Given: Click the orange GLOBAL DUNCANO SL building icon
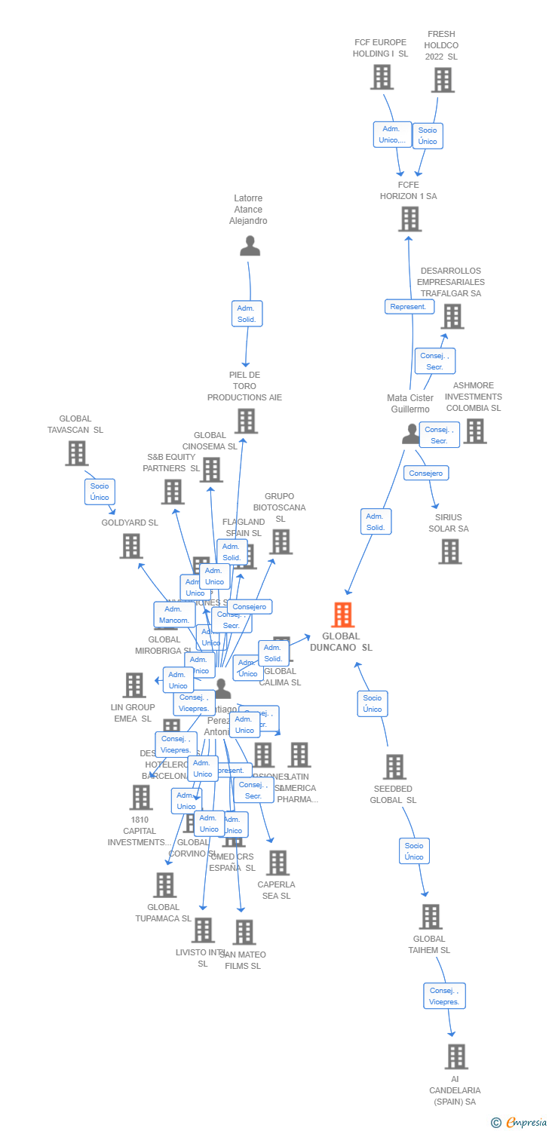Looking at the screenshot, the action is pyautogui.click(x=343, y=615).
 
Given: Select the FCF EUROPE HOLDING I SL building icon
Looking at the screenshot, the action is pyautogui.click(x=382, y=77).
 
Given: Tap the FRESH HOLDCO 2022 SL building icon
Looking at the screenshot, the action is pyautogui.click(x=443, y=80).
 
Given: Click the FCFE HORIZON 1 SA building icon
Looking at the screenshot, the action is pyautogui.click(x=409, y=219).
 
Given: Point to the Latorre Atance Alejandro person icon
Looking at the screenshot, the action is pyautogui.click(x=250, y=246).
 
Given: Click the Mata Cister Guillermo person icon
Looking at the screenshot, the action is pyautogui.click(x=411, y=434).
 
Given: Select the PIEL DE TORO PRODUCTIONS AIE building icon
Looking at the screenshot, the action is pyautogui.click(x=246, y=421).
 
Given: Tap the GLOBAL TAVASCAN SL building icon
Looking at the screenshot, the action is pyautogui.click(x=76, y=453).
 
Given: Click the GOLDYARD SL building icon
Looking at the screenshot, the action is pyautogui.click(x=131, y=546).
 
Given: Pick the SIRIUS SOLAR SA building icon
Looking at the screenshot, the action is pyautogui.click(x=450, y=551).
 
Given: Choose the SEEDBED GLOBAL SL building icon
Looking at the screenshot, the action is pyautogui.click(x=394, y=767).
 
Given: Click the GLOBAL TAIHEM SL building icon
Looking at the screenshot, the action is pyautogui.click(x=430, y=917).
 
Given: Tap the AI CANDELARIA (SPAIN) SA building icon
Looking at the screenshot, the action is pyautogui.click(x=455, y=1056).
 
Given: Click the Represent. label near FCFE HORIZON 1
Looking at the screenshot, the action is pyautogui.click(x=410, y=307).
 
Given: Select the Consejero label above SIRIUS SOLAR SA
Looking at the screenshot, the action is pyautogui.click(x=427, y=473).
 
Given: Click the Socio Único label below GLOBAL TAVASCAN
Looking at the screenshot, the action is pyautogui.click(x=100, y=492).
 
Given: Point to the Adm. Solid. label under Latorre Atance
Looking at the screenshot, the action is pyautogui.click(x=247, y=314).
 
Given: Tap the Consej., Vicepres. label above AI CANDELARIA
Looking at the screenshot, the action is pyautogui.click(x=444, y=996).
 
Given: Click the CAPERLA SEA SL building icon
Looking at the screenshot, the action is pyautogui.click(x=277, y=863).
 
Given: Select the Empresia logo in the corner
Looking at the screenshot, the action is pyautogui.click(x=520, y=1123).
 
